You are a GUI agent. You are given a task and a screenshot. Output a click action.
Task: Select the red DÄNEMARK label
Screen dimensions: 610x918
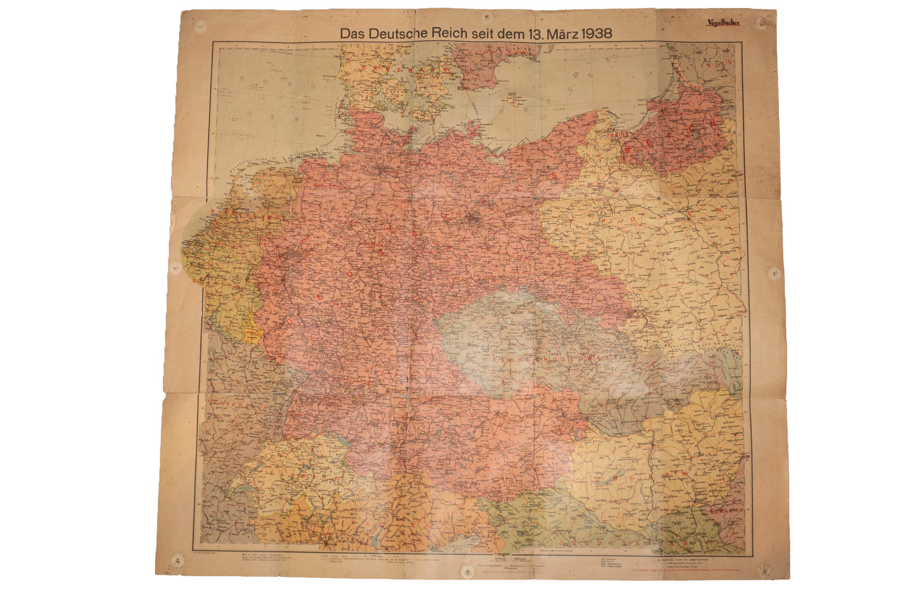[x=405, y=68]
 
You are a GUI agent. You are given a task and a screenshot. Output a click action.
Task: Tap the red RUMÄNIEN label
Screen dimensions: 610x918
[x=726, y=510]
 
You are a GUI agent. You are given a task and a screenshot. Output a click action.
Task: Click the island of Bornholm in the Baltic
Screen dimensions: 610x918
[x=514, y=100]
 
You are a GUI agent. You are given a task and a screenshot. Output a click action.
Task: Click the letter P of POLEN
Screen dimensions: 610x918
[x=604, y=221]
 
